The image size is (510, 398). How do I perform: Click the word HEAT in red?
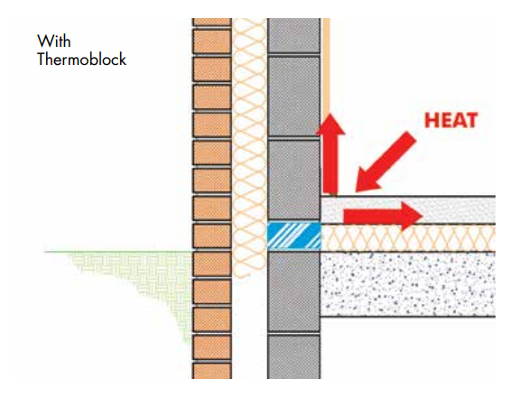451,120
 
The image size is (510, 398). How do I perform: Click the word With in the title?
54,42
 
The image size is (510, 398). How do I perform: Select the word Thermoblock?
81,60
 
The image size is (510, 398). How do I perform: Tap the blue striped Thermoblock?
294,236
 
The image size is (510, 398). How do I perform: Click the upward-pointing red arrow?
330,153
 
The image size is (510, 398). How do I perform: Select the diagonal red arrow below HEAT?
385,162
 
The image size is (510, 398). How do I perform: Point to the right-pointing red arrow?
383,216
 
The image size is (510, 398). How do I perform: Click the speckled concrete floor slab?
408,284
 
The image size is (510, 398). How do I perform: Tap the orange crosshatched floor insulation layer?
408,237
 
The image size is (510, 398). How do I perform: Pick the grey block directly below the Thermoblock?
294,292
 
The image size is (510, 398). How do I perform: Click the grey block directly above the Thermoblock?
294,180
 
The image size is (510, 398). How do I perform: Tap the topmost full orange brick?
212,42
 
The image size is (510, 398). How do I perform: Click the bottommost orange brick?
212,371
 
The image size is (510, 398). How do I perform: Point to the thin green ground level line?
118,252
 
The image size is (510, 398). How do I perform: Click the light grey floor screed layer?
408,210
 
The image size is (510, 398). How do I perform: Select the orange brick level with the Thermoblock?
212,236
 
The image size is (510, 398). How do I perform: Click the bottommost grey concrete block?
294,357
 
